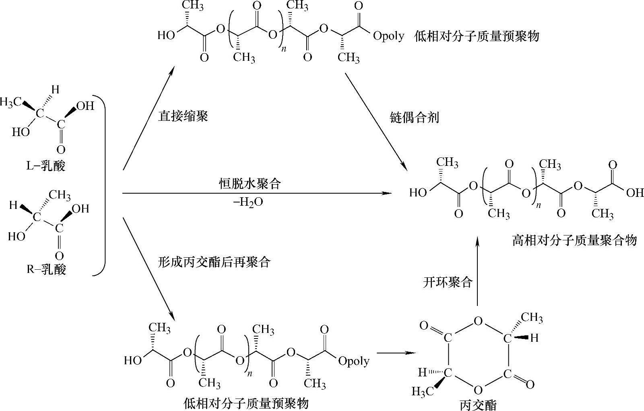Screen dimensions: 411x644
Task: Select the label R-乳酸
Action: pos(46,269)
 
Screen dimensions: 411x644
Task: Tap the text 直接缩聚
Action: pos(183,117)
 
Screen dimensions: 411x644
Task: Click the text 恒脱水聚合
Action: pos(250,184)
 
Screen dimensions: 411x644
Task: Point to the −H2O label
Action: pos(248,202)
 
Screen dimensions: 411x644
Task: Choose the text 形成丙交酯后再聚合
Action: pos(215,262)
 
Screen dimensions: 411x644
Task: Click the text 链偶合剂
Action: pos(414,118)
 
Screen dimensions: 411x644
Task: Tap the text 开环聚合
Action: pos(448,282)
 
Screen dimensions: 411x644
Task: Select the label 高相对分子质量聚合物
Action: pos(574,240)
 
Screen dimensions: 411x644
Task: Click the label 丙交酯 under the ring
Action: pos(478,404)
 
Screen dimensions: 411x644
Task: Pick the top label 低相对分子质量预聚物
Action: pos(477,36)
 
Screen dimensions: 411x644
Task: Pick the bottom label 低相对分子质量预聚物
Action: pos(246,403)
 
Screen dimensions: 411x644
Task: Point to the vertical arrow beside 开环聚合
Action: pos(477,272)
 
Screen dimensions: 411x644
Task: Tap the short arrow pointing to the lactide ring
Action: pos(395,353)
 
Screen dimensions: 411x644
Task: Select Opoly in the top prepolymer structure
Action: pos(388,36)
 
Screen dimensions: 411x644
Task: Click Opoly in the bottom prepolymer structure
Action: pos(354,361)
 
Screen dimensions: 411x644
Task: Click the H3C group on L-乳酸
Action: pos(11,102)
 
